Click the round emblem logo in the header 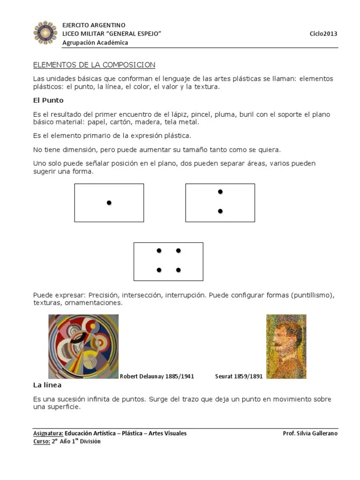45,33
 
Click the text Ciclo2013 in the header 323,34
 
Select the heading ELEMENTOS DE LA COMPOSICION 94,65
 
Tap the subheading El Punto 48,100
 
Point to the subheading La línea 47,385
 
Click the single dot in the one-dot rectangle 109,202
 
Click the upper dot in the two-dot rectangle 220,192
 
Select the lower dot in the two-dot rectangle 220,211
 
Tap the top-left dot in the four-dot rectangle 159,251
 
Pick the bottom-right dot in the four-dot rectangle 179,270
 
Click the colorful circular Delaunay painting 83,346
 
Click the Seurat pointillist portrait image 286,346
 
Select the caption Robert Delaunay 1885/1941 157,376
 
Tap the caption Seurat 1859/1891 239,376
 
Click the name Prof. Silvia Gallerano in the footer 310,434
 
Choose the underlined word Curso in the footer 41,442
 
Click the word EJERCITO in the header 75,25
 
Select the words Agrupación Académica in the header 96,43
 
